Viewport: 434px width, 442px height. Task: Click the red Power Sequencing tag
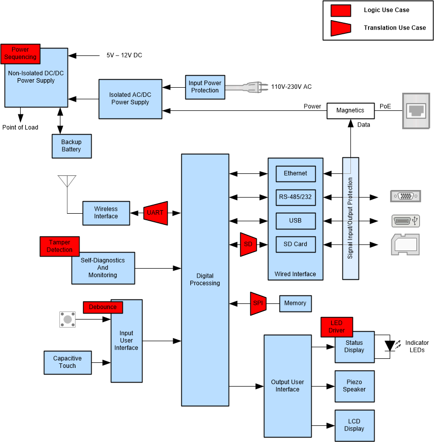pyautogui.click(x=21, y=53)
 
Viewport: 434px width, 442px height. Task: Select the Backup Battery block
pyautogui.click(x=71, y=146)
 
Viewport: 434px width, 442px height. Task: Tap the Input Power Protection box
pyautogui.click(x=205, y=87)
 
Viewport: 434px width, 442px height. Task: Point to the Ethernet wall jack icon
pyautogui.click(x=415, y=110)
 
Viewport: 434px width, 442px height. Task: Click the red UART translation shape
pyautogui.click(x=155, y=213)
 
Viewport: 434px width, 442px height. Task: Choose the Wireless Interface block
pyautogui.click(x=106, y=213)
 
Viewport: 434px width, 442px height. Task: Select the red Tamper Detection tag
pyautogui.click(x=59, y=246)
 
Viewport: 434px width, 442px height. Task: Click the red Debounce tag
pyautogui.click(x=103, y=307)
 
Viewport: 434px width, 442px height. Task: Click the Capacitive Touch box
pyautogui.click(x=67, y=362)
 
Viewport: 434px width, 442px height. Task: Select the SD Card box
pyautogui.click(x=296, y=244)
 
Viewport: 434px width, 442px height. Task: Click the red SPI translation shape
pyautogui.click(x=258, y=303)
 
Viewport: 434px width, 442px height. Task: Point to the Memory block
pyautogui.click(x=295, y=303)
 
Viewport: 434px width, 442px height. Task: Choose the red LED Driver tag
pyautogui.click(x=337, y=327)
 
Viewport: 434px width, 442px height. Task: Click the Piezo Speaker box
pyautogui.click(x=354, y=386)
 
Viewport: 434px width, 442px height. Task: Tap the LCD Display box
pyautogui.click(x=354, y=425)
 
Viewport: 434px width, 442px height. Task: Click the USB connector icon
pyautogui.click(x=405, y=221)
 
